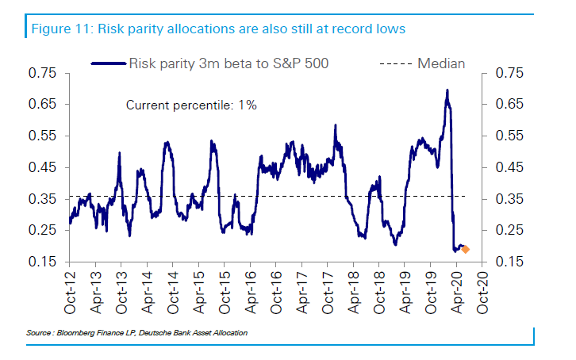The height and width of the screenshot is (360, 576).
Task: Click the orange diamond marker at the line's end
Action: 466,249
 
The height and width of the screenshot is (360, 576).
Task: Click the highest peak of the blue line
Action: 447,90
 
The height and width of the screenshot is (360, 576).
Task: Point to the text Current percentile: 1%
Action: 191,105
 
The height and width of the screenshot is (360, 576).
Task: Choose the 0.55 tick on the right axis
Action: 509,136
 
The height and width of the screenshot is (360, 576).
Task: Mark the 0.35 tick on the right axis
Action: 509,199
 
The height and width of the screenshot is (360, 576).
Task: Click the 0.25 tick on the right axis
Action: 509,230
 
